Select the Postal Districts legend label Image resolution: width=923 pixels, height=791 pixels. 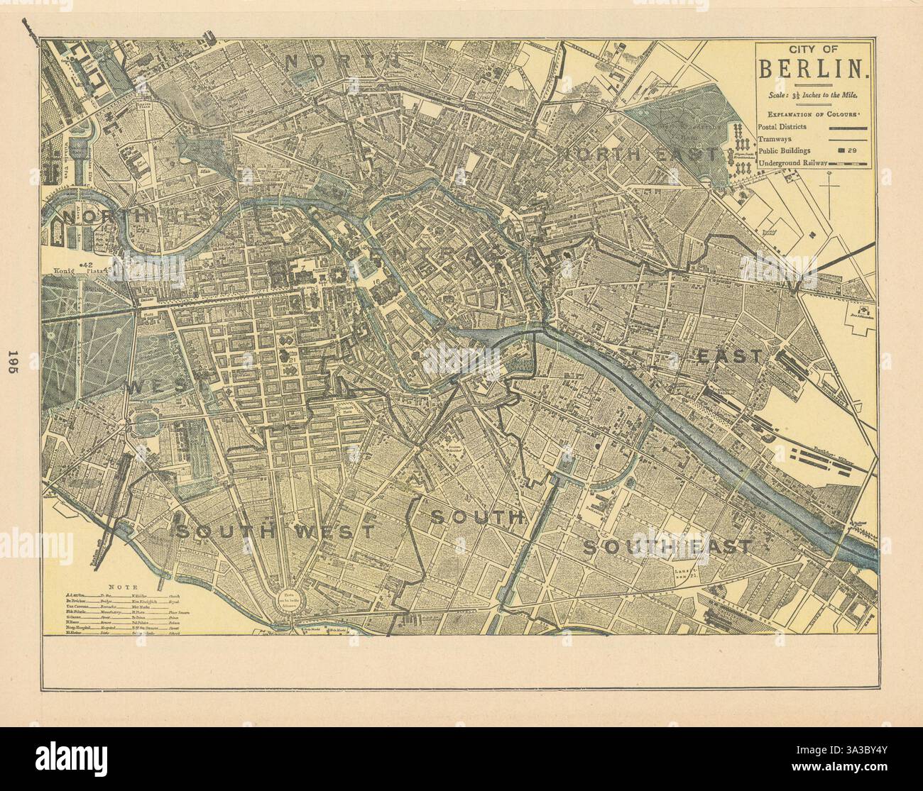(787, 126)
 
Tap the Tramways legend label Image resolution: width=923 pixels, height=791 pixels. (777, 138)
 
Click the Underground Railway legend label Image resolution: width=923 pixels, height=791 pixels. (793, 165)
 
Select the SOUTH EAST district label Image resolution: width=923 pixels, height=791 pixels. (667, 546)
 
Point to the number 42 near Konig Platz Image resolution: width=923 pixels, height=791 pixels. (107, 264)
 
